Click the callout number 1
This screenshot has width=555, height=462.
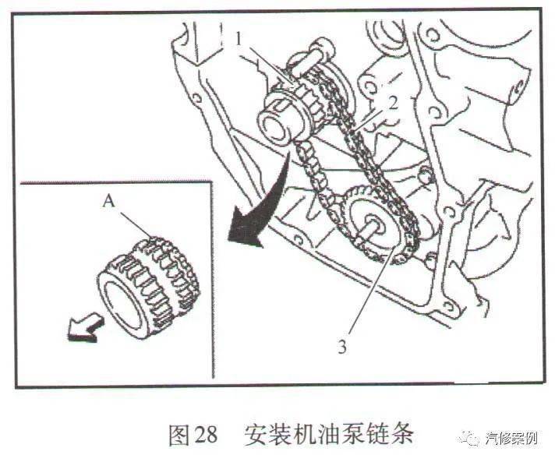239,40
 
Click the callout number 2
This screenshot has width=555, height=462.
392,104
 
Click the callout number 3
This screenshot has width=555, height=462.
341,347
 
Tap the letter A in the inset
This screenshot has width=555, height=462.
108,202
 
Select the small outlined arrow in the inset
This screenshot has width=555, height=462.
85,329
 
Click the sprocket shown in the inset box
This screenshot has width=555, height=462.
148,287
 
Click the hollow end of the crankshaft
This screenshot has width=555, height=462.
275,129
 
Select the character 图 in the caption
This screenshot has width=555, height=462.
179,435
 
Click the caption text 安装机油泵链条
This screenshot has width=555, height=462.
328,434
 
